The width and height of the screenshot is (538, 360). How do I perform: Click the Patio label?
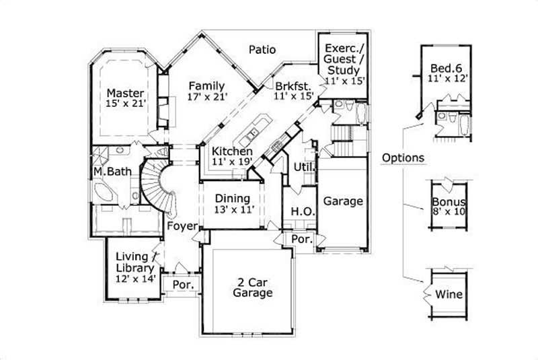click(262, 49)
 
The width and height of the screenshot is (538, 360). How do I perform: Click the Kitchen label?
click(232, 151)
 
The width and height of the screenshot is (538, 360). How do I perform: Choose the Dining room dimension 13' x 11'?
click(232, 210)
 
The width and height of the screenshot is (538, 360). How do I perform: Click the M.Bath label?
click(112, 172)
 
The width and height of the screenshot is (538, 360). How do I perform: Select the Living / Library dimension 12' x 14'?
click(136, 278)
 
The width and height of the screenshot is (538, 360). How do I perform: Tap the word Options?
click(402, 158)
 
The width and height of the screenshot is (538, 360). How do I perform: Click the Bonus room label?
click(449, 202)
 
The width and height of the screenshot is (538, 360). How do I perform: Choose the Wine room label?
click(449, 295)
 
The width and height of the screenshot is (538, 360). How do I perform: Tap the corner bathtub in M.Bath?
click(106, 193)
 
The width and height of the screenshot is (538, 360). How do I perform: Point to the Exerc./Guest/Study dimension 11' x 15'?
click(344, 81)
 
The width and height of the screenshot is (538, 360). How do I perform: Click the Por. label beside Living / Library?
click(184, 285)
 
